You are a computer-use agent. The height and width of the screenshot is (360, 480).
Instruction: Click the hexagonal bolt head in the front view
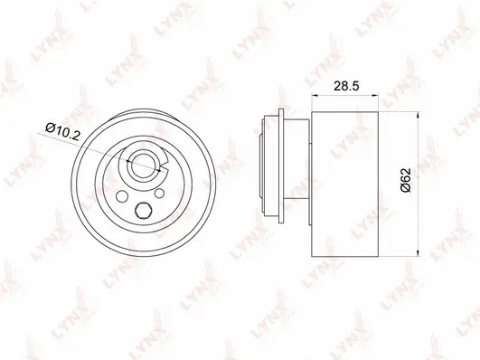point(141,213)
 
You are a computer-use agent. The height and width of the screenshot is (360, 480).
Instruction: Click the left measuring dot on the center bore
point(132,163)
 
